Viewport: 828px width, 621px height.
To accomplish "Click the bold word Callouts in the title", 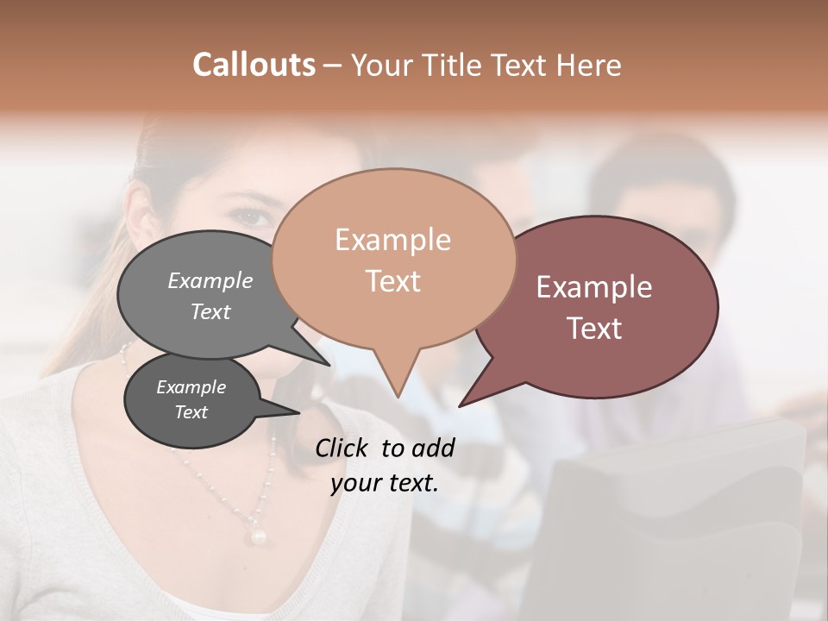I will (x=254, y=65).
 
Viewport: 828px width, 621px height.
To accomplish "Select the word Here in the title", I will (x=588, y=66).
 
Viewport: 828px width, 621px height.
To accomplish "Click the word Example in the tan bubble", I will (x=392, y=240).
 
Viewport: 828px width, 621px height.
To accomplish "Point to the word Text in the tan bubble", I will (x=393, y=281).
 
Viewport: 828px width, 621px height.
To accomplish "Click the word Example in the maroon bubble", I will (x=594, y=287).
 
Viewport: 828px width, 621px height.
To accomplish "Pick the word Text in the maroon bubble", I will (x=595, y=329).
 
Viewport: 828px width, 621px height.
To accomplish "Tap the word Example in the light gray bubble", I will (x=210, y=280).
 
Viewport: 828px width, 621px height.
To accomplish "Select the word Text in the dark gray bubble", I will (x=191, y=412).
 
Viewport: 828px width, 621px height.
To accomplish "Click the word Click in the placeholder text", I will (x=343, y=448).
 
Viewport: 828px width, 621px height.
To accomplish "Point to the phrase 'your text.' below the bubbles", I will (x=385, y=483).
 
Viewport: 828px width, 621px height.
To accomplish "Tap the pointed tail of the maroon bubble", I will (x=466, y=401).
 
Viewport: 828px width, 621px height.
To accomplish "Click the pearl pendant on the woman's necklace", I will (x=257, y=536).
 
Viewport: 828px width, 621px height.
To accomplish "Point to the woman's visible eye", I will (x=251, y=216).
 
